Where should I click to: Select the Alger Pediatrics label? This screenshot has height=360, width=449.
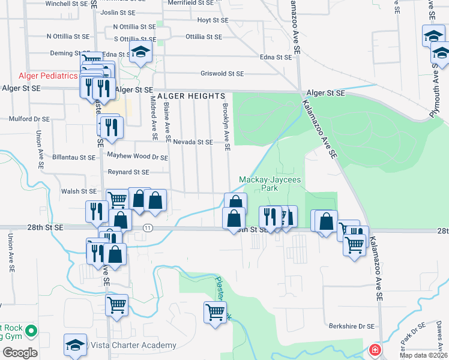coord(48,76)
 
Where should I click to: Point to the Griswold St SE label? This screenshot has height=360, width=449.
coord(222,74)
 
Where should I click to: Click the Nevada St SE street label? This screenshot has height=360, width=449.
coord(193,142)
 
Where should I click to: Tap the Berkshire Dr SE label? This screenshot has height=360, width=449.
coord(351,326)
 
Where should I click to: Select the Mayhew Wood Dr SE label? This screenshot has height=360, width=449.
coord(137,156)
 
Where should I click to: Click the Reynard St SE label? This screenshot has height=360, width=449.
coord(128,172)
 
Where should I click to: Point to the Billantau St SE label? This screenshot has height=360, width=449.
coord(74,157)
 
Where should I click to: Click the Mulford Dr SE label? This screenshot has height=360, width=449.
coord(29,119)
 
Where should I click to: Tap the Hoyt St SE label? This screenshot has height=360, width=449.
coord(213,20)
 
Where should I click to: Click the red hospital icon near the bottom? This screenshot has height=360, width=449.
coord(375,349)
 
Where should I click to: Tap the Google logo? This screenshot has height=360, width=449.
coord(20,353)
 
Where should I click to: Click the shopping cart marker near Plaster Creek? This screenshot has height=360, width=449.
coord(215,312)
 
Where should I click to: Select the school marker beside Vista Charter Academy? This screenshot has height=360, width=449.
coord(75,346)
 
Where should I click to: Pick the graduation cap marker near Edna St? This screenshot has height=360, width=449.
coord(140,53)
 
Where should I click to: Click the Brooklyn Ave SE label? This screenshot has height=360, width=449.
coord(226,125)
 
